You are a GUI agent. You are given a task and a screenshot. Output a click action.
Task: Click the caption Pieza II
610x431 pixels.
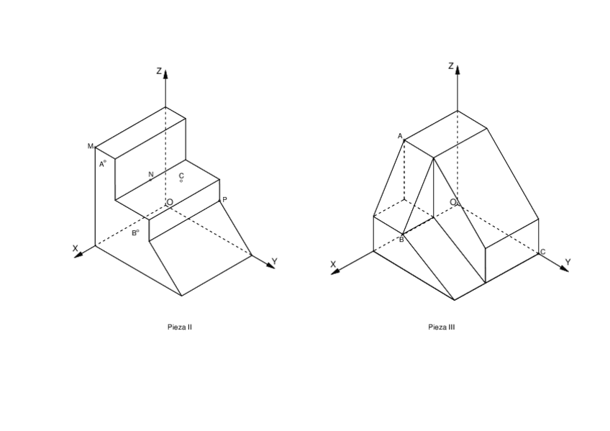[179, 327]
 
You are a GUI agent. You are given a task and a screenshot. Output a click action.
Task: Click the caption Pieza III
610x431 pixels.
[441, 327]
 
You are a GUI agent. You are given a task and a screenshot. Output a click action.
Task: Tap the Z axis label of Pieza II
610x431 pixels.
[159, 71]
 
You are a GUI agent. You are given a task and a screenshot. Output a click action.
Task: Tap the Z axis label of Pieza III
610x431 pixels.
[450, 65]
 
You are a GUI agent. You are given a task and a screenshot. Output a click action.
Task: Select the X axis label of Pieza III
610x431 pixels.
[333, 265]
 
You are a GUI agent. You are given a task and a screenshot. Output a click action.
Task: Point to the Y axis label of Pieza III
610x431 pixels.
[567, 262]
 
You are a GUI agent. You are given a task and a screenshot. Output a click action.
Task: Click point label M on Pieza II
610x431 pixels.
[91, 147]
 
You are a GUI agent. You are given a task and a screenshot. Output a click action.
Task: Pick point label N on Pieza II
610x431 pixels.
[151, 174]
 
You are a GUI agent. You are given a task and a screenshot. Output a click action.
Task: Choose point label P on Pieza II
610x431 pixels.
[224, 199]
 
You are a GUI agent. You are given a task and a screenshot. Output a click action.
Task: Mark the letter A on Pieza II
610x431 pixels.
[101, 164]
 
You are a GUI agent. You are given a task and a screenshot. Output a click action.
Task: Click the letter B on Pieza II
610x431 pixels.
[134, 233]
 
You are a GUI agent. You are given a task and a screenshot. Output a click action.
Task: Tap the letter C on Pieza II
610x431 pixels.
[181, 175]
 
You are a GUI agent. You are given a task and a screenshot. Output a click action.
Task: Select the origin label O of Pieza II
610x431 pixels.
[170, 202]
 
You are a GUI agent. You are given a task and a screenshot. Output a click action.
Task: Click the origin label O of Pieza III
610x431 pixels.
[453, 202]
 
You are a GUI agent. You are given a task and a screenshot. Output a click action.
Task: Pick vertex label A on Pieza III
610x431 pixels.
[400, 136]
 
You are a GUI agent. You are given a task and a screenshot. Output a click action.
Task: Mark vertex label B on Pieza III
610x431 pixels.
[401, 239]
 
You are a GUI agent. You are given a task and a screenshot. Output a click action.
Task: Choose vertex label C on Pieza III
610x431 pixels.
[542, 252]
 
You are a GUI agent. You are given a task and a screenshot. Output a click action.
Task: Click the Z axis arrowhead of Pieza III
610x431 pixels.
[457, 69]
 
